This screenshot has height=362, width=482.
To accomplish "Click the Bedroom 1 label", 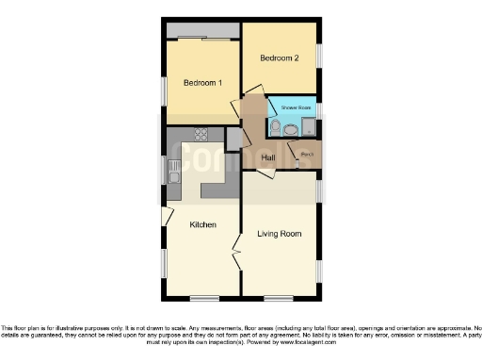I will click(202, 83).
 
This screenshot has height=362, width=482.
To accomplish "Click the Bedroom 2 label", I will click(280, 58).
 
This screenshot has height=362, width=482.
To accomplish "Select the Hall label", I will click(268, 156).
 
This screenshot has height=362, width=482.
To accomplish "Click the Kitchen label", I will click(203, 224).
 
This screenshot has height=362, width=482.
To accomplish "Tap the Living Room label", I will click(280, 233).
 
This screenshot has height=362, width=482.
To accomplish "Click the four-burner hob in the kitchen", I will click(200, 134).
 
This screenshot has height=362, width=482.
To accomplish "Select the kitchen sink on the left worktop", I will click(173, 173).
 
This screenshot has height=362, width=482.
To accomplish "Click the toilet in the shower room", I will click(274, 127).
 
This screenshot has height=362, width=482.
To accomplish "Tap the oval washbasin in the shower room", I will click(290, 131).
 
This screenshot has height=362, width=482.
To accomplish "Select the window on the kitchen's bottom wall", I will click(203, 298).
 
